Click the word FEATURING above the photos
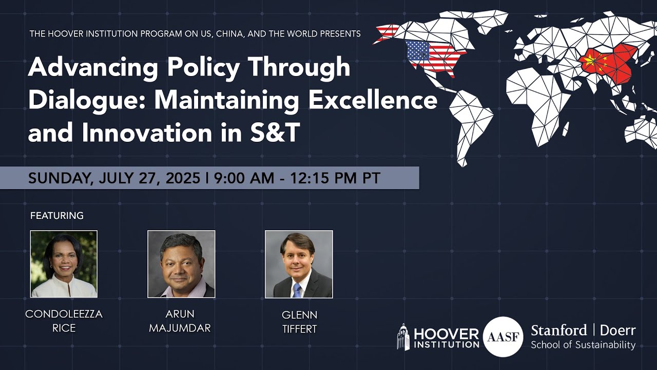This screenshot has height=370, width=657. [56, 216]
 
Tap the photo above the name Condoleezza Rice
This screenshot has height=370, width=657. [64, 264]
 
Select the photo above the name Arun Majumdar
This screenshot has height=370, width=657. [181, 264]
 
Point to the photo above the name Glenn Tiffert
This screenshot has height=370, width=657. [299, 264]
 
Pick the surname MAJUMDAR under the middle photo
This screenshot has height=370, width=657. [180, 328]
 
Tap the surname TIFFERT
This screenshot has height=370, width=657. [299, 328]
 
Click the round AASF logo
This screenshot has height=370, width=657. [503, 337]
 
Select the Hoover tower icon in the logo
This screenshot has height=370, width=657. [403, 337]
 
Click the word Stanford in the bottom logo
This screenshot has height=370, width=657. [558, 330]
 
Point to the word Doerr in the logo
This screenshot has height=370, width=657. [617, 330]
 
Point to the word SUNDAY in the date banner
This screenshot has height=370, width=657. [56, 178]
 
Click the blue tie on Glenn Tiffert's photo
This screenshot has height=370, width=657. [297, 290]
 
